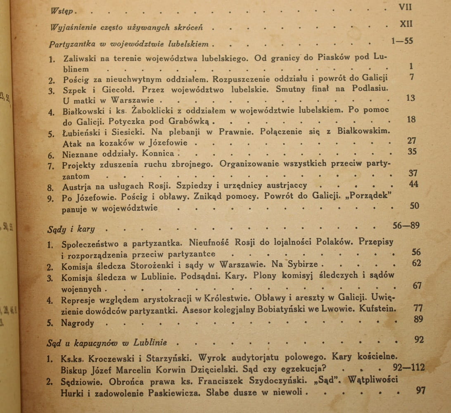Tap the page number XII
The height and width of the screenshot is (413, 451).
click(x=406, y=24)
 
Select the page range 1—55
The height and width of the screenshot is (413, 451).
click(x=402, y=41)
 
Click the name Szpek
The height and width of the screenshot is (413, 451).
click(x=75, y=90)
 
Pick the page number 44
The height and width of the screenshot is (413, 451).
click(x=413, y=184)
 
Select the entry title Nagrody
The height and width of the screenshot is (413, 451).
click(x=77, y=323)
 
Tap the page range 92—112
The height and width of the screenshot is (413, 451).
click(x=409, y=367)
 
